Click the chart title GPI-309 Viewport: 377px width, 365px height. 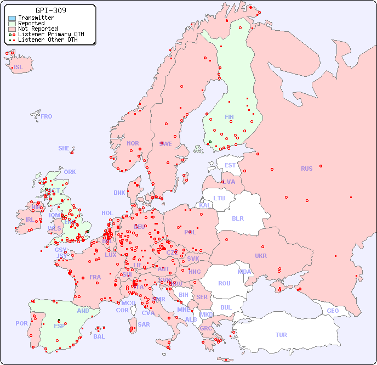pos(50,10)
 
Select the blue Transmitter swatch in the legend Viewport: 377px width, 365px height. pos(12,18)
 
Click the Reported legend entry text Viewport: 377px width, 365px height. pos(31,24)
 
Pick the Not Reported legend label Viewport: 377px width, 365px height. pos(38,29)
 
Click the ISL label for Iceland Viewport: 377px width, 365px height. pos(19,68)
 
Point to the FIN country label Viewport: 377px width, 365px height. pos(229,117)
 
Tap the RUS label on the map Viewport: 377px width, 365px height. pos(306,169)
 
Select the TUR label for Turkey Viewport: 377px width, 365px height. pos(281,335)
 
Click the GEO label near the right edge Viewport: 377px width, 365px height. pos(333,311)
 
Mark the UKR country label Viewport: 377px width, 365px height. pos(261,256)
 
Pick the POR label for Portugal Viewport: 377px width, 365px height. pos(21,323)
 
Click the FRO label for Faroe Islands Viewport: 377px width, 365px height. pos(47,116)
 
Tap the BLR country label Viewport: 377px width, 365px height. pos(238,218)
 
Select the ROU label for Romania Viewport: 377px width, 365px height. pos(224,283)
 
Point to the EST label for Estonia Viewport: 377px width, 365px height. pos(230,165)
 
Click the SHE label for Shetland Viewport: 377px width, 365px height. pos(64,148)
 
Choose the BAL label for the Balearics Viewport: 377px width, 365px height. pos(99,336)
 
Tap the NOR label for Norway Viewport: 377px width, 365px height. pos(133,143)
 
